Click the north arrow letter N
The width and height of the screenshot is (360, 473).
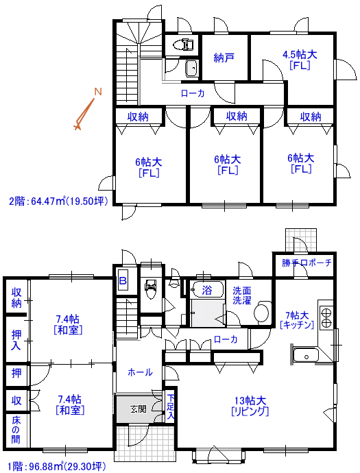[98, 92]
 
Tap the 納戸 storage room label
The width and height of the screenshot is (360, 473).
[224, 58]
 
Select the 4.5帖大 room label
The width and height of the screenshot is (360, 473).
[300, 55]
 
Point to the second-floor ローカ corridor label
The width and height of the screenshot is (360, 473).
[193, 93]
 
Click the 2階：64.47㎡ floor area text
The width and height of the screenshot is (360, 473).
[58, 201]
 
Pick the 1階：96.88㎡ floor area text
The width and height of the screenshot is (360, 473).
[57, 466]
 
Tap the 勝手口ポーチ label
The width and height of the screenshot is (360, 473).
[307, 263]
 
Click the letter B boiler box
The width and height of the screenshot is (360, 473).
[123, 281]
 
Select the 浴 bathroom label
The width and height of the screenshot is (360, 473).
[207, 290]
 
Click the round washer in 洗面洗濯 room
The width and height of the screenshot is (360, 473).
[261, 313]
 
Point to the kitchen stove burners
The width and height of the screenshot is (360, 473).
[326, 317]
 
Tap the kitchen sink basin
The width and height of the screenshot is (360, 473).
[307, 356]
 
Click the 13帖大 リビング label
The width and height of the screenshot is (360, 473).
[250, 406]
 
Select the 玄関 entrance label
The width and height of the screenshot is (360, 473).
[139, 409]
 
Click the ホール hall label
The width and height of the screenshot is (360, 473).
[140, 372]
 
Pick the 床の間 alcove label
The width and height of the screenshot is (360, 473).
[16, 430]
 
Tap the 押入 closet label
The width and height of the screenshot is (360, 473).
[16, 339]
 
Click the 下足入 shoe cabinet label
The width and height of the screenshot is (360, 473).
[171, 407]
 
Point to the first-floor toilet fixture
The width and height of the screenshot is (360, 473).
[151, 289]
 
